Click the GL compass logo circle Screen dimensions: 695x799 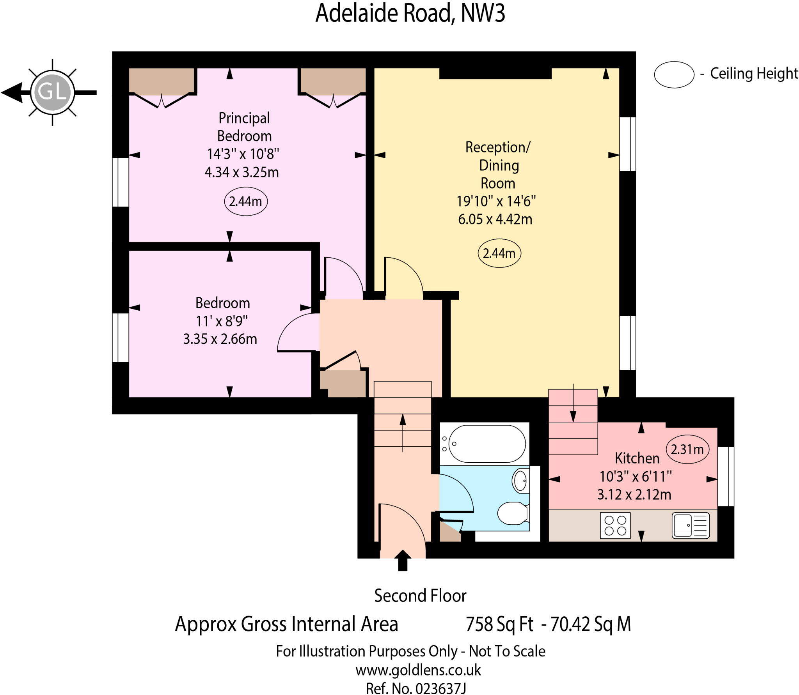(52, 92)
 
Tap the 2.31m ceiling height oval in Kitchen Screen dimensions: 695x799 (687, 449)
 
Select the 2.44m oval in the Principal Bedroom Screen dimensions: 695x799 (245, 202)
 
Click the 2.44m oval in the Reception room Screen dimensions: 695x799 (499, 253)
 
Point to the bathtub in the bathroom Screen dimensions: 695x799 (487, 444)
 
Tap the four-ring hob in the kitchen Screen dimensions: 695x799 (615, 525)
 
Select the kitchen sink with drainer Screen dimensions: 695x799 (690, 525)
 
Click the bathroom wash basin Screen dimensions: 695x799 (520, 481)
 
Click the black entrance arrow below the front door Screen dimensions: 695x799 (403, 561)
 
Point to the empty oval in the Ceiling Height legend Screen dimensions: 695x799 (674, 74)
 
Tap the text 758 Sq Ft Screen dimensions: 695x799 (499, 624)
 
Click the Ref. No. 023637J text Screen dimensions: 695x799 (415, 688)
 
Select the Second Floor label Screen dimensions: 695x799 (420, 596)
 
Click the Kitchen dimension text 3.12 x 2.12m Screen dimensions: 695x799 (634, 494)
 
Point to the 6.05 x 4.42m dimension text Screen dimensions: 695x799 (495, 219)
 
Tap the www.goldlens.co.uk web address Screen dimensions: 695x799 (418, 670)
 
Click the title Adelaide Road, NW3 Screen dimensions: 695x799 (410, 13)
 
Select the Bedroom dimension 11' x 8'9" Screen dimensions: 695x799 (222, 321)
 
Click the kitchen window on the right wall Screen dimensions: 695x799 (726, 476)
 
